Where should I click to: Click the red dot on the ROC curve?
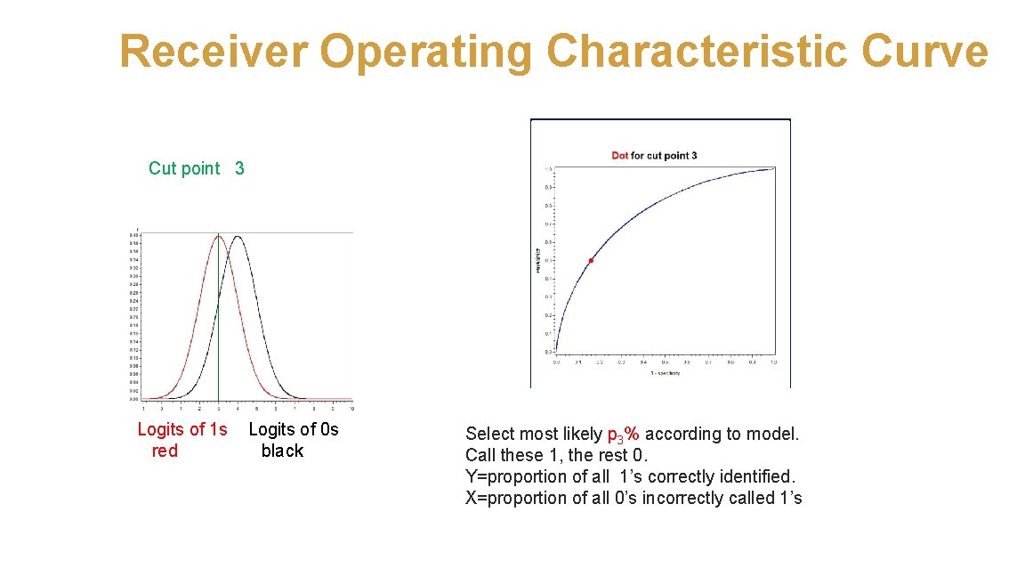591,260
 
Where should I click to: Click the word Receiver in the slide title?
214,52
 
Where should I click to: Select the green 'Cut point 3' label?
197,168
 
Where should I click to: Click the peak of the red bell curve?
219,236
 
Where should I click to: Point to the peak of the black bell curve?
237,236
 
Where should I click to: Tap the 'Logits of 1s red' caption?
182,440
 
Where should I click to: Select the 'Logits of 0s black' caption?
293,440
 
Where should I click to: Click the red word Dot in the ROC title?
620,156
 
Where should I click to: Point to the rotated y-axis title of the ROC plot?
537,262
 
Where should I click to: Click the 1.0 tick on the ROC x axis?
773,362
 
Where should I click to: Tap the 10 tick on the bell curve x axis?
352,408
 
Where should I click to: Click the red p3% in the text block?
623,435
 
